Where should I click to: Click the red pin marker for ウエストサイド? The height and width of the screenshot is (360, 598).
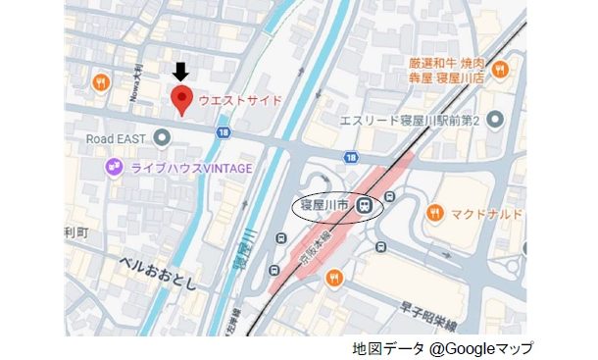(180, 99)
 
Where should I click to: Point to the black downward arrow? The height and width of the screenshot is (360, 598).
(180, 71)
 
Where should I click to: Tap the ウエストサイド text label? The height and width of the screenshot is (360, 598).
(240, 100)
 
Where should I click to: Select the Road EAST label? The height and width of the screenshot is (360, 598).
(116, 138)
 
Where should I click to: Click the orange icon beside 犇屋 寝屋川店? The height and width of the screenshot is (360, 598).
(500, 69)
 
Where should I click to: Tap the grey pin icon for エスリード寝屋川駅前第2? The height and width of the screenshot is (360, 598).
(495, 120)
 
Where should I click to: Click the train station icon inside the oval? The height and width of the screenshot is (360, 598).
(364, 206)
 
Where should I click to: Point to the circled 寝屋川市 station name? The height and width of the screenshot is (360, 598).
(327, 206)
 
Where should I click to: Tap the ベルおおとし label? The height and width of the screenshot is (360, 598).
(157, 264)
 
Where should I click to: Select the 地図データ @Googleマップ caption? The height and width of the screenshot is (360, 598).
(443, 348)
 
